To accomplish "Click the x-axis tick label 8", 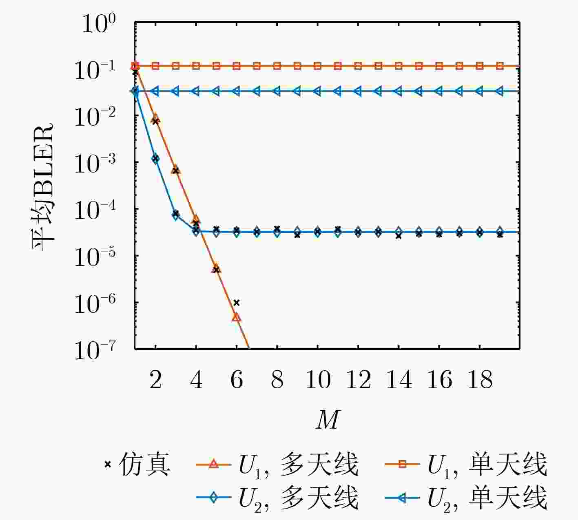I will [277, 381].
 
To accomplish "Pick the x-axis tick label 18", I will [480, 381].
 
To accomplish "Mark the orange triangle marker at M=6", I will [237, 317].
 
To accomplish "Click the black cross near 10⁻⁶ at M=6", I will [237, 303].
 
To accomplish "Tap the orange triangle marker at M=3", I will [176, 170].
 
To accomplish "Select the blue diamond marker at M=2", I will [155, 159].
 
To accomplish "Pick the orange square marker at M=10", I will [318, 66].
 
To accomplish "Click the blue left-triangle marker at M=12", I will [358, 91].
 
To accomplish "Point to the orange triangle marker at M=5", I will [216, 268].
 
